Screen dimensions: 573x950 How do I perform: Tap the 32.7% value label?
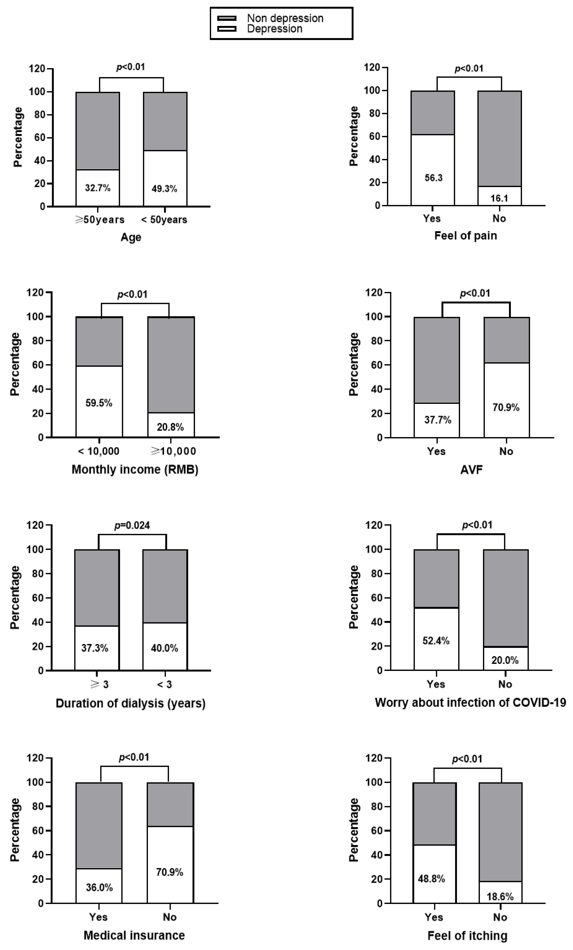(97, 188)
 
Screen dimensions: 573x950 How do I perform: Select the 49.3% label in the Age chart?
(164, 189)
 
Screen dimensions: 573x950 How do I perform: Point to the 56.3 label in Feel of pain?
(434, 178)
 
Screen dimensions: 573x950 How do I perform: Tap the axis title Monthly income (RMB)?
(135, 470)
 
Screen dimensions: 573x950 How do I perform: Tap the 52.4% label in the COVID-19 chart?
(436, 641)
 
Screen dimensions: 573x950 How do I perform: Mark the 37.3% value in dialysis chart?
(95, 648)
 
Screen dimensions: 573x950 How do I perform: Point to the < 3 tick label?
(164, 684)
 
